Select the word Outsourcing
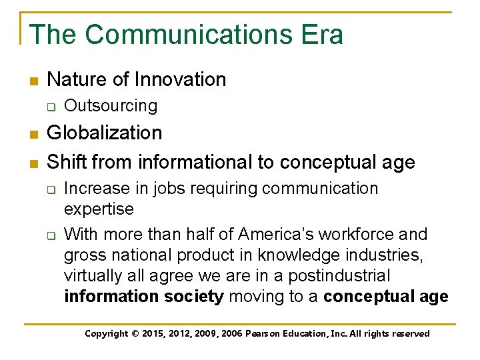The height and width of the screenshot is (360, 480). [x=111, y=106]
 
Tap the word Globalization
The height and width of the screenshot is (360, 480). [x=105, y=133]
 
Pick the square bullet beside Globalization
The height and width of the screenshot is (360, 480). [x=33, y=134]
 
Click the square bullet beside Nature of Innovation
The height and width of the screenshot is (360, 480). [x=33, y=81]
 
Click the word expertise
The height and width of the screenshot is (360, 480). [x=99, y=209]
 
